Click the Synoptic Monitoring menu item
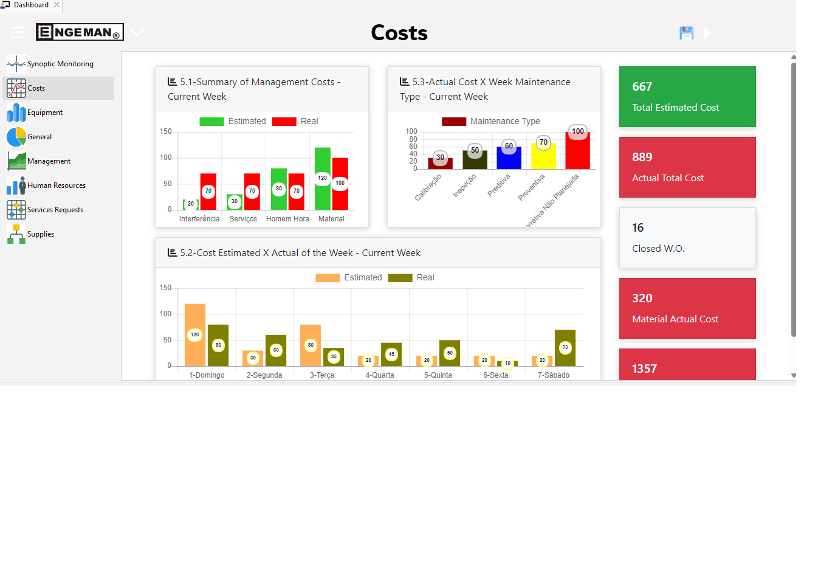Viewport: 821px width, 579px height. click(60, 64)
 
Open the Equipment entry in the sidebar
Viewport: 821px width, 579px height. click(44, 113)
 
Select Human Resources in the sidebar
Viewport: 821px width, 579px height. click(56, 185)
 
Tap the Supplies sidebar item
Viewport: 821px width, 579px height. click(40, 234)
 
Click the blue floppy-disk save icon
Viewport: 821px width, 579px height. click(686, 33)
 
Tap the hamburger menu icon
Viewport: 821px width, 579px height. click(18, 32)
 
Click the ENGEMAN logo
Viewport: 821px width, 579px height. click(80, 32)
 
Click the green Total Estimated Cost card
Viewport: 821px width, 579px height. click(687, 97)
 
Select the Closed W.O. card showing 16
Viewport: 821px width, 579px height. click(687, 238)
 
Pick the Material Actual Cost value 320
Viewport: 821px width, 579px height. click(642, 298)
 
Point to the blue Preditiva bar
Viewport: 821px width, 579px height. click(509, 158)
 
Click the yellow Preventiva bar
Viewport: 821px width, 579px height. click(543, 156)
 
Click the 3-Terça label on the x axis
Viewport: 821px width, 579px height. click(322, 375)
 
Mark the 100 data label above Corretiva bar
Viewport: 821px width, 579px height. click(578, 131)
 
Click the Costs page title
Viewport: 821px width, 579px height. click(399, 33)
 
